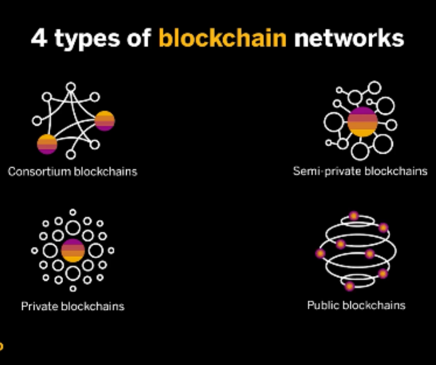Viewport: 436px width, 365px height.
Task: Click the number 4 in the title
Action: tap(39, 38)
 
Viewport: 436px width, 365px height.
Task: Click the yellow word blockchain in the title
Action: tap(223, 38)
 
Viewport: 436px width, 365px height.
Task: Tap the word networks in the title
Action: tap(349, 38)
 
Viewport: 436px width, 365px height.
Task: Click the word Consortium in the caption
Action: tap(39, 171)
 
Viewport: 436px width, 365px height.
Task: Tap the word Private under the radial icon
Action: tap(39, 306)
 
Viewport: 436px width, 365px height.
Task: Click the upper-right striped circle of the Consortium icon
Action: tap(104, 120)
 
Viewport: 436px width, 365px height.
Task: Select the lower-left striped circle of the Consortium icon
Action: tap(47, 144)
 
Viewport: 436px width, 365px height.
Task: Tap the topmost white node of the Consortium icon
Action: tap(71, 87)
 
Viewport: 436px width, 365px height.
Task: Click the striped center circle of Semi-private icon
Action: tap(363, 122)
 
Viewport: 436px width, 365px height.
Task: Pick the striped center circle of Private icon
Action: tap(73, 251)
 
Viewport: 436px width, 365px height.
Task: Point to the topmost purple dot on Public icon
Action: tap(354, 216)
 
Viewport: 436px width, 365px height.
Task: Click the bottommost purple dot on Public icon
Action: tap(350, 286)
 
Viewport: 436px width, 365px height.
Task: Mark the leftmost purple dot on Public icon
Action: tap(320, 253)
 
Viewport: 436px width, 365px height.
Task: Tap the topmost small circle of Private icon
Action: tap(73, 213)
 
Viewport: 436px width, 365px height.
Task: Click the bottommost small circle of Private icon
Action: tap(73, 288)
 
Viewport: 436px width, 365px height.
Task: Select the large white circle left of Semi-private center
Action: tap(333, 122)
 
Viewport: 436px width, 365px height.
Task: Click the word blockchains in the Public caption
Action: tap(376, 305)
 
